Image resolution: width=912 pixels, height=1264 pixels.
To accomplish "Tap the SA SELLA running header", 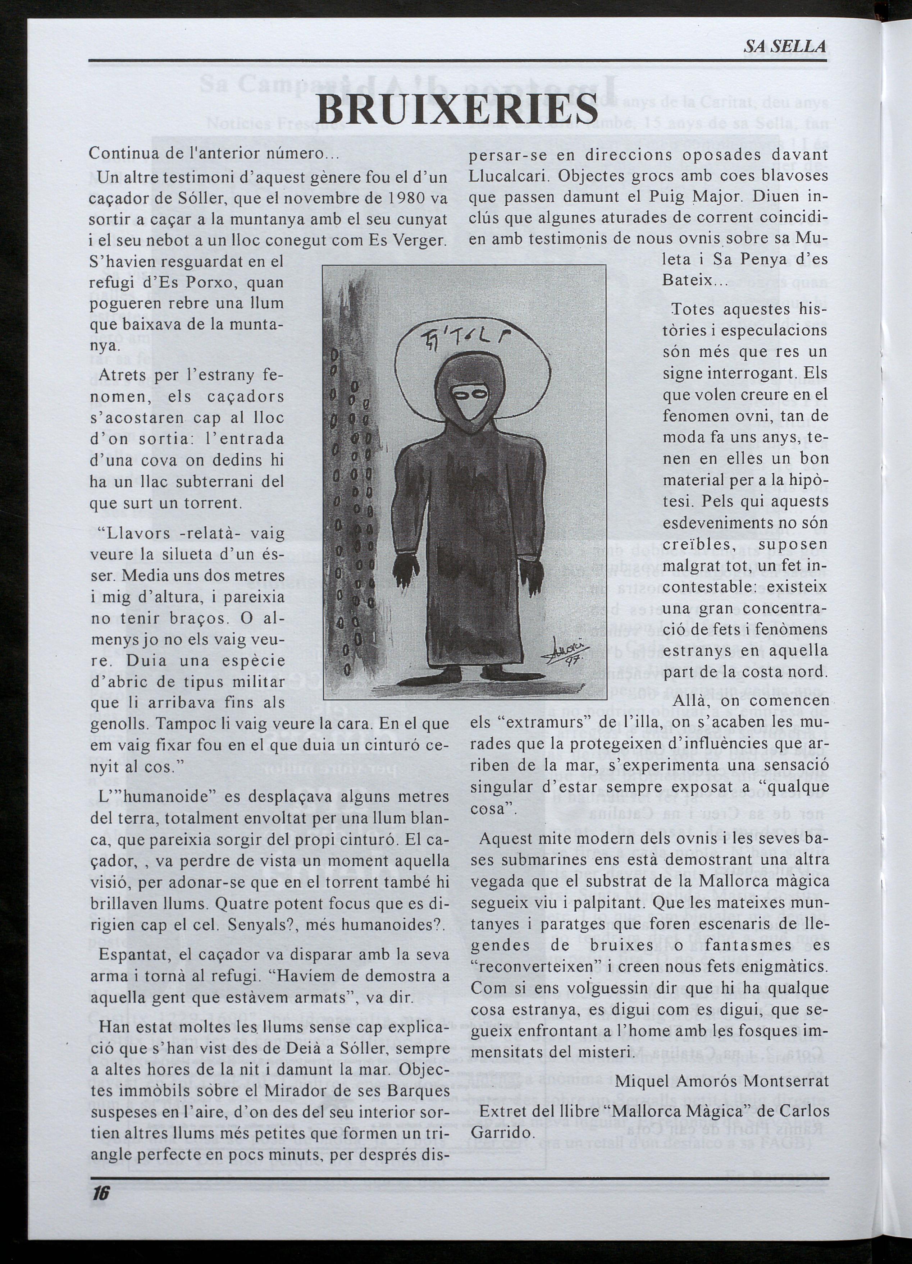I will (x=785, y=47).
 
